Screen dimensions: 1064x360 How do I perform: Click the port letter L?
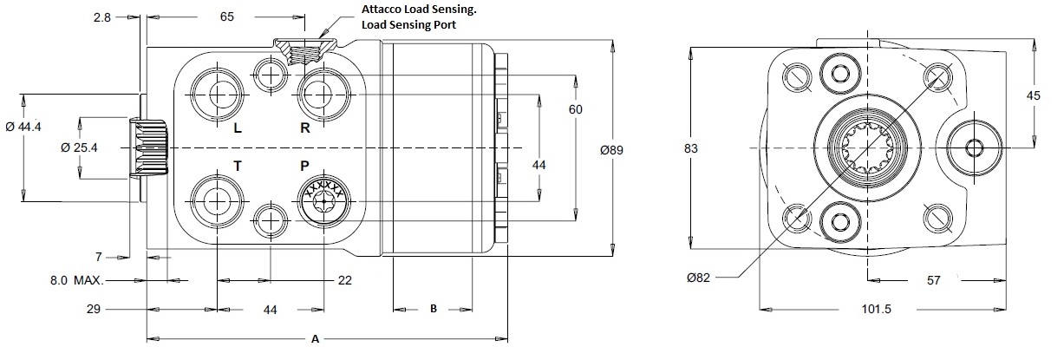point(238,128)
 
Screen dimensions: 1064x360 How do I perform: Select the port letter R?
point(305,128)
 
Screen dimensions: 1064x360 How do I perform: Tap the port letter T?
point(238,166)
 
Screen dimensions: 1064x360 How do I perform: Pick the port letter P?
point(305,166)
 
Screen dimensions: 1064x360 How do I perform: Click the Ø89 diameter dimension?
point(611,150)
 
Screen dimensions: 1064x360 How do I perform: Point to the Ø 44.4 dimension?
point(23,127)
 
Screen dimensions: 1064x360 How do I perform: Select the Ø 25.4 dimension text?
point(79,147)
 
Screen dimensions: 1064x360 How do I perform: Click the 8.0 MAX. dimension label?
point(77,281)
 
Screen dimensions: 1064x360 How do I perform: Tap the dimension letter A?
point(315,339)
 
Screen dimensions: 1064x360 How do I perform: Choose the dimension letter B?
point(434,309)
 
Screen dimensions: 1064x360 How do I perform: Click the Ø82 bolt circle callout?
point(698,278)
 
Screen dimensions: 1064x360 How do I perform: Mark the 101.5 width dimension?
point(877,309)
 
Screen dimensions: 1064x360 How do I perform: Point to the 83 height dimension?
point(690,148)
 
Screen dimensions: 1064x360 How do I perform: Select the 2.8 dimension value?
point(102,17)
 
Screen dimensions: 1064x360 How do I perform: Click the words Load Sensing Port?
point(408,24)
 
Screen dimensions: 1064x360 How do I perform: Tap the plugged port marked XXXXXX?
point(324,202)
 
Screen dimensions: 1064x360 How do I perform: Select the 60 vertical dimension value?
point(575,109)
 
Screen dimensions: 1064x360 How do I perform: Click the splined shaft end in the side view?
point(148,147)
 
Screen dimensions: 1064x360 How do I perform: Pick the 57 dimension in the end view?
point(933,281)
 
